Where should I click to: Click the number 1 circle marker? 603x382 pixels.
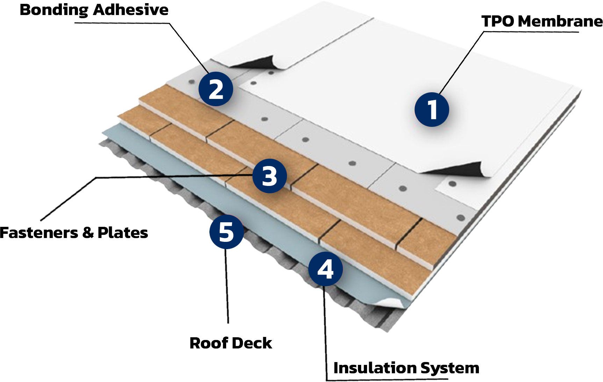(432, 109)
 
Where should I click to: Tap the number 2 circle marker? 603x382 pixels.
(216, 89)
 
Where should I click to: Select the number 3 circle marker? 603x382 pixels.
(269, 176)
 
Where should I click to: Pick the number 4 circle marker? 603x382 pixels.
(325, 269)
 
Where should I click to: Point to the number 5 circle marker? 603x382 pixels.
(227, 232)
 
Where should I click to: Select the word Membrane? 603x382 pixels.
(560, 21)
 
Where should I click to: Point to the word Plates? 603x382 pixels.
(123, 233)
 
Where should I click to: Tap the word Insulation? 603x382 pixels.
(374, 368)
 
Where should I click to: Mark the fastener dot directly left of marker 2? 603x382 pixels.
(191, 82)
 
